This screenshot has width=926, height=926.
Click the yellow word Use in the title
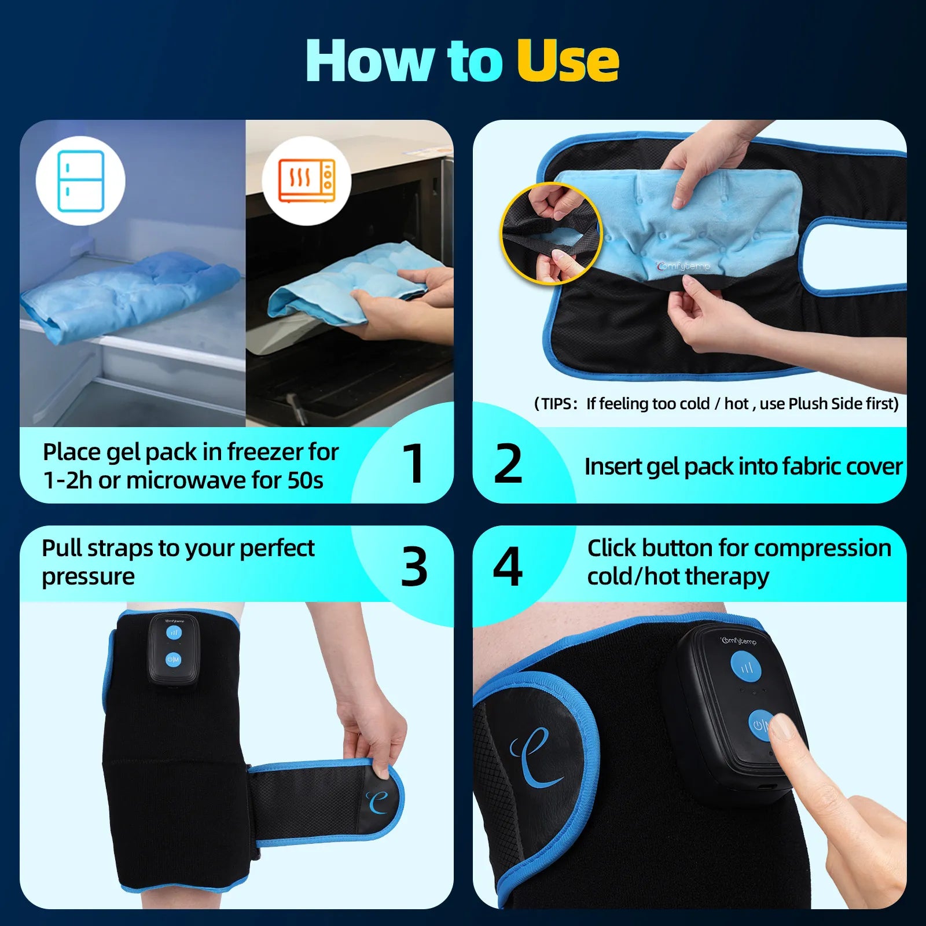(567, 61)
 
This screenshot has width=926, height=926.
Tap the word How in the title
(370, 61)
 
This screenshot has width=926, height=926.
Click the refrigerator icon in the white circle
(80, 181)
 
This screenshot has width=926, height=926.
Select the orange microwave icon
(307, 181)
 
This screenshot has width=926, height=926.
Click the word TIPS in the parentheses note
(556, 404)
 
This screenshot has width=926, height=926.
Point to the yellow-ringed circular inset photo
(551, 234)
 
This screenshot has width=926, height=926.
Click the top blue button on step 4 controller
(747, 667)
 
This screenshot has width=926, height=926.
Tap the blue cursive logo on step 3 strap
(377, 801)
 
